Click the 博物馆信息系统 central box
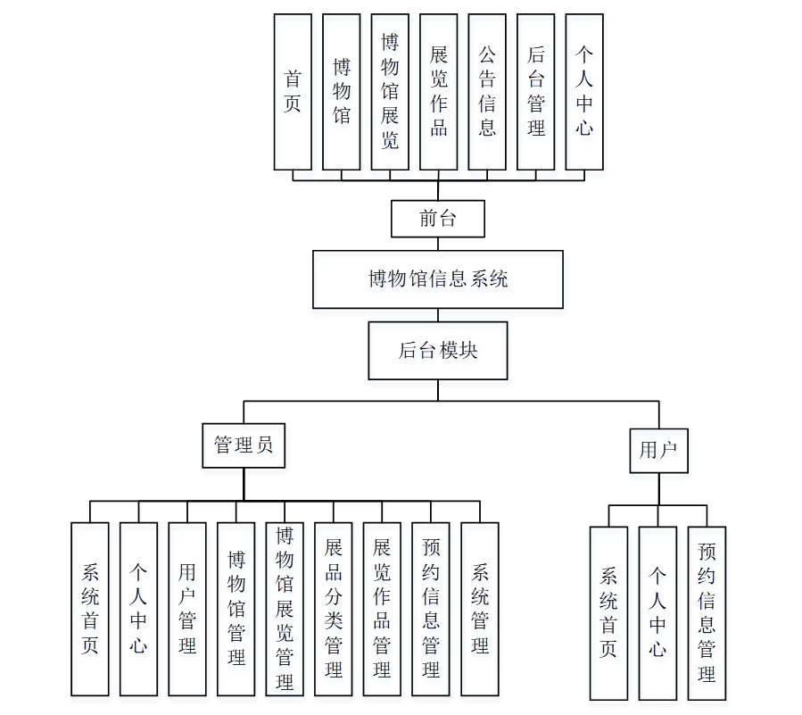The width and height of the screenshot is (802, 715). (438, 279)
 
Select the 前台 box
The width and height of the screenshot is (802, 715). (438, 219)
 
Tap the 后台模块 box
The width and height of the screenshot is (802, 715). (438, 351)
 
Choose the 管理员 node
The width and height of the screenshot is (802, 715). (244, 445)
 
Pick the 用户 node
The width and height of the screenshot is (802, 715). (659, 450)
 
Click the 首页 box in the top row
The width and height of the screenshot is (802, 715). (293, 92)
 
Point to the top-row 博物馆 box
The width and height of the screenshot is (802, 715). (342, 92)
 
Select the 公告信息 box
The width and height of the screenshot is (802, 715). (487, 92)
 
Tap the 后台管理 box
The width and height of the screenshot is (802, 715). (535, 92)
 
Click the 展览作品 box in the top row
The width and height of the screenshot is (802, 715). (439, 92)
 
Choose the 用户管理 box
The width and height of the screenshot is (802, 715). (187, 609)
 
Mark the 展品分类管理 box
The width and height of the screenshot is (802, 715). (334, 609)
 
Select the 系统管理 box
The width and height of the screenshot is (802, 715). (480, 609)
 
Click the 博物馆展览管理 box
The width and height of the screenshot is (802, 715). (285, 609)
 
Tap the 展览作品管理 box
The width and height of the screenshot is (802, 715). (382, 609)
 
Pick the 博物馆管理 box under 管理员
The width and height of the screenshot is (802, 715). (236, 609)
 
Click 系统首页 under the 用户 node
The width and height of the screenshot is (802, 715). (609, 612)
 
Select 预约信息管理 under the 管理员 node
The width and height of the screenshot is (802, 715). (431, 609)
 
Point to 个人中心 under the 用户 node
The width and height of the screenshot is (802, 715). (657, 612)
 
